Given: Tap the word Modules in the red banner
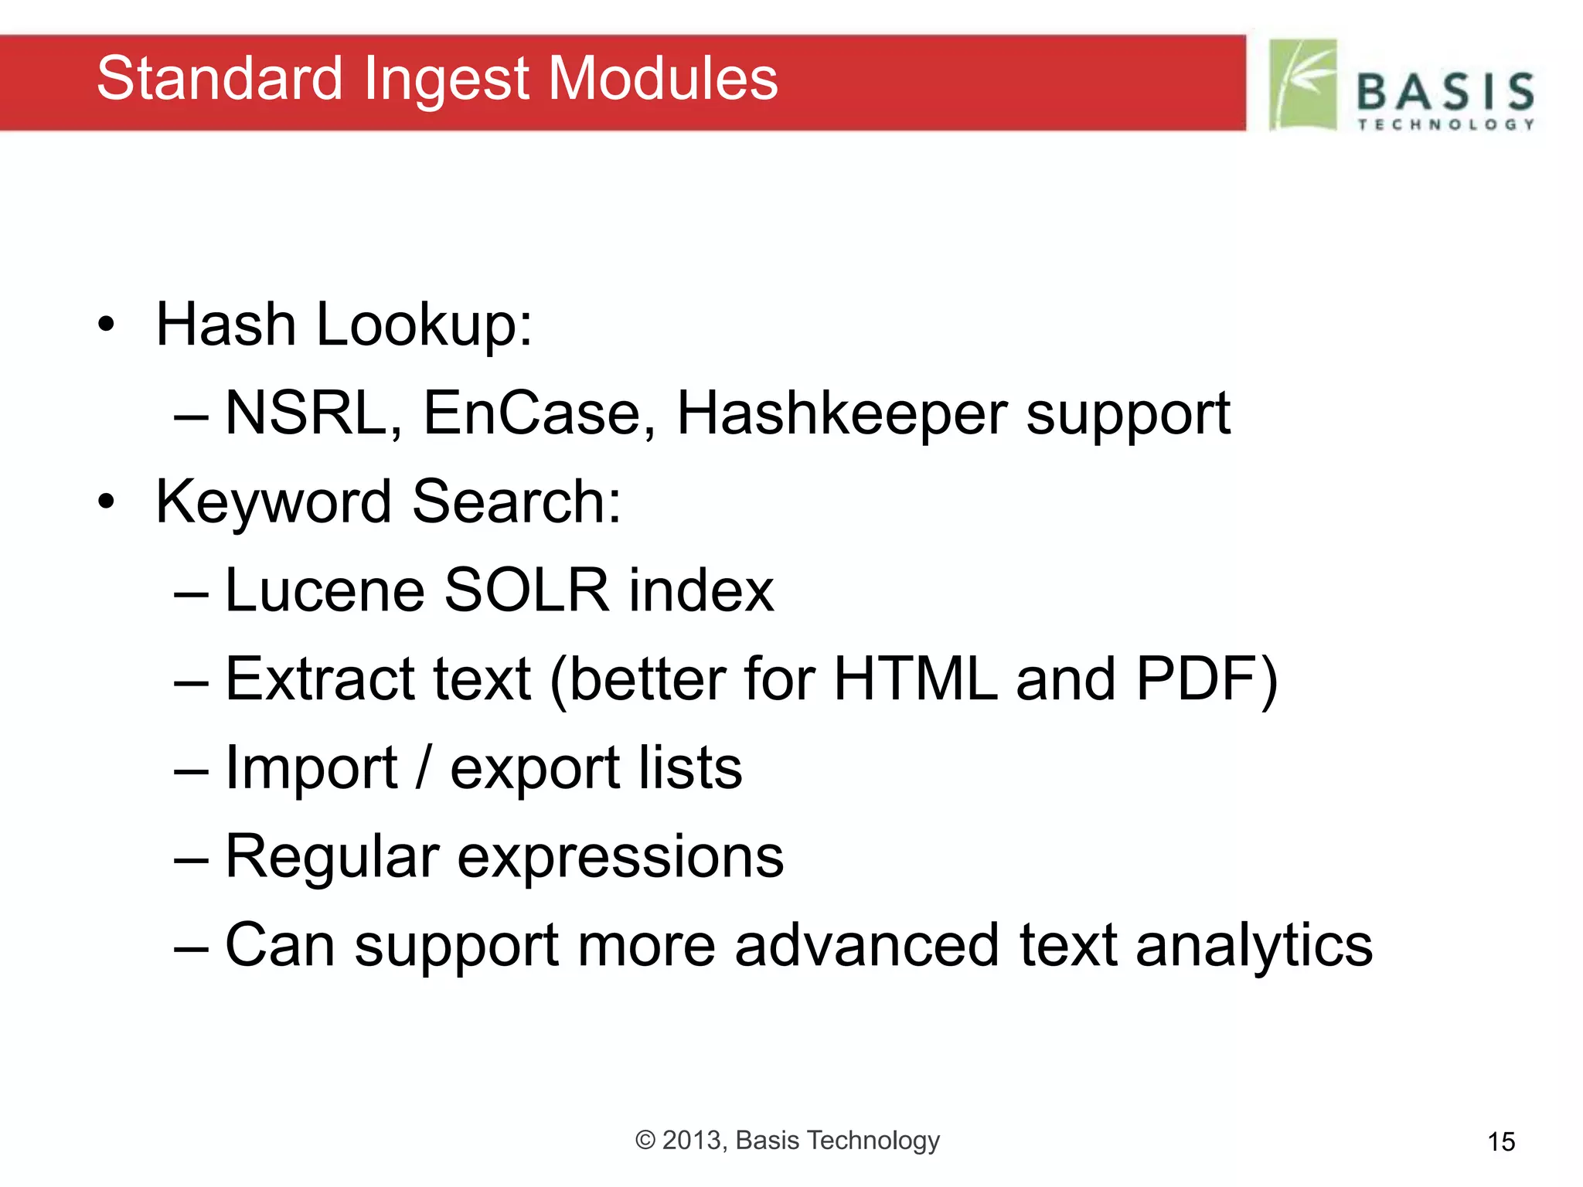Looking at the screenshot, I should tap(662, 79).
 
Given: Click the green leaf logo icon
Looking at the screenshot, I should tap(1303, 85).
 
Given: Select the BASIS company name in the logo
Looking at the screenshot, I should tap(1445, 93).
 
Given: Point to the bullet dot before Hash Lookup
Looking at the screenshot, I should tap(106, 325).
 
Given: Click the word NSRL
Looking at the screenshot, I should tap(313, 413).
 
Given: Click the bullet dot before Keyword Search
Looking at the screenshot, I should tap(106, 502).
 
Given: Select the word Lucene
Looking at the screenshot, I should tap(325, 591).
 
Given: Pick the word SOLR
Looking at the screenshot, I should tap(526, 591).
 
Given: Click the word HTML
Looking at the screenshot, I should tap(915, 679).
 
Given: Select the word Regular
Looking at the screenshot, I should tap(332, 858).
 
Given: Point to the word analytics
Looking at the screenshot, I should tap(1254, 947).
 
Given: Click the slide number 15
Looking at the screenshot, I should tap(1501, 1142).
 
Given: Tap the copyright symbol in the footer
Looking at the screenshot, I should tap(645, 1141).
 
